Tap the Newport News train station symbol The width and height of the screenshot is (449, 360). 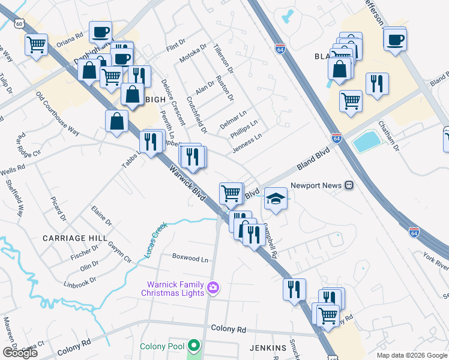tap(349, 186)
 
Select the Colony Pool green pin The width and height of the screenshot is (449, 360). tap(193, 346)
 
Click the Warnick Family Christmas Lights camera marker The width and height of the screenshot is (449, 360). tap(212, 289)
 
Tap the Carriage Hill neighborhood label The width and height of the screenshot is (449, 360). tap(70, 238)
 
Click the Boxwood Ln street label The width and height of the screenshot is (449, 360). tap(190, 259)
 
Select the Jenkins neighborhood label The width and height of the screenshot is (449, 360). tap(268, 348)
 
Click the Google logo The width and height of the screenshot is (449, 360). tap(20, 353)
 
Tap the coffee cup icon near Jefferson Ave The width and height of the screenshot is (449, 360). tap(395, 40)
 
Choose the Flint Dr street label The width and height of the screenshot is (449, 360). tap(176, 45)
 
